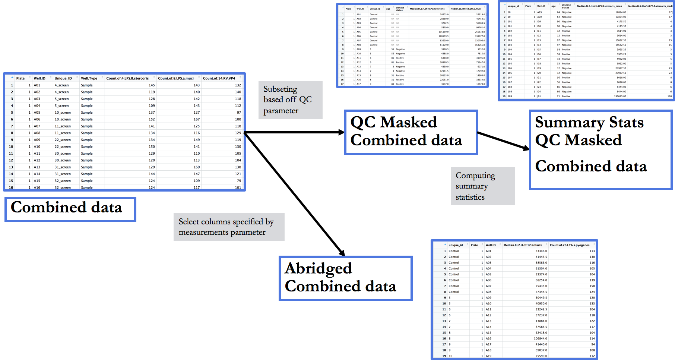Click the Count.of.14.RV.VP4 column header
219,78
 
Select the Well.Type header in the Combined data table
89,78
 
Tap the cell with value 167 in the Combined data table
197,119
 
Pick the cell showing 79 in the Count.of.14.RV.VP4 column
238,181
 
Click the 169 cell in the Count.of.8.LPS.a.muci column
197,167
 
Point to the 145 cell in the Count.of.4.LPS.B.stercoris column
152,85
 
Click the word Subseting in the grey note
280,89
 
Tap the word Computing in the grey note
475,175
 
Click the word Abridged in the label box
318,268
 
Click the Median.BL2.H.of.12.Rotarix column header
523,245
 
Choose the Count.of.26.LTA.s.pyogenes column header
570,245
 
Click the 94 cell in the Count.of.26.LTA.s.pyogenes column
593,344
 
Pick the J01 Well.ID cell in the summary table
539,96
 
